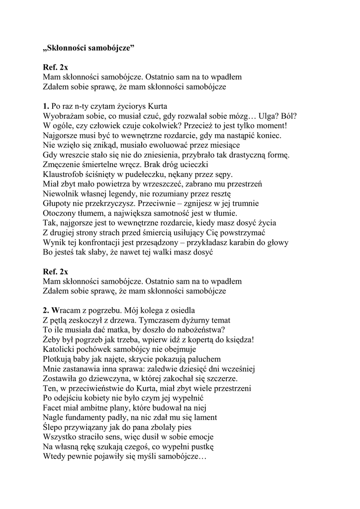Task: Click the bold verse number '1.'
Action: point(46,106)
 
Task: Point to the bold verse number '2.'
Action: point(46,310)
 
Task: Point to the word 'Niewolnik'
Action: point(60,193)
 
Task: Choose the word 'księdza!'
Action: point(239,339)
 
